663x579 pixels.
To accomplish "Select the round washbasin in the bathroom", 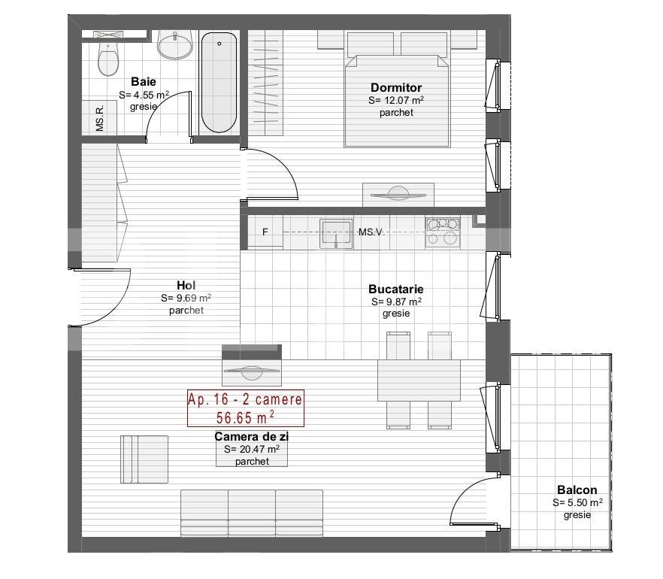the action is [174, 44].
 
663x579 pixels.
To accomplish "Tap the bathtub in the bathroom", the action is [219, 83].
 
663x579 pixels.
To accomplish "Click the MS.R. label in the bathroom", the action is [100, 118].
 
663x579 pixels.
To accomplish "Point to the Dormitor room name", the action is [396, 87].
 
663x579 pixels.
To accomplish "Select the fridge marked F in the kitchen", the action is [265, 232].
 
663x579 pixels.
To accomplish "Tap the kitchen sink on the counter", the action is [336, 233].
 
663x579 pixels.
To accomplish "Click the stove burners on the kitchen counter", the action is [442, 232].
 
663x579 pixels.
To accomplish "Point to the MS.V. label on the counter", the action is [371, 232].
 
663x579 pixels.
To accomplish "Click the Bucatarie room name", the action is [395, 289].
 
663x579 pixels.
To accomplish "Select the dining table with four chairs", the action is [419, 380].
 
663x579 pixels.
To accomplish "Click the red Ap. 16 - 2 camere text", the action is [245, 399].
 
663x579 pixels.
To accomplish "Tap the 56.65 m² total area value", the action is [245, 417].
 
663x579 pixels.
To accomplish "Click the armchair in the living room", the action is [144, 459].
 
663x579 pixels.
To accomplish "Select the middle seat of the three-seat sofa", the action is [252, 513].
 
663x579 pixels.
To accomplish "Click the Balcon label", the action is [577, 490].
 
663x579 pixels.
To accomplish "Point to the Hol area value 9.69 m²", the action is [186, 298].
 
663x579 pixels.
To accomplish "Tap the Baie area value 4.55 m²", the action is [144, 95].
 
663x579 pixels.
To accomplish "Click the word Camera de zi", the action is [252, 436].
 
